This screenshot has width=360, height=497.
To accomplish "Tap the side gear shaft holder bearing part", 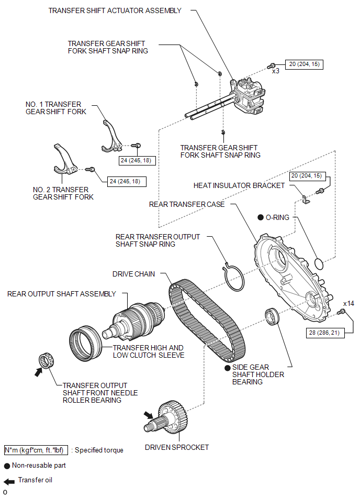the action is [272, 316].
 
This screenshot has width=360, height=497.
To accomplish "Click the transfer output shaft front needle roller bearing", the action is [46, 361].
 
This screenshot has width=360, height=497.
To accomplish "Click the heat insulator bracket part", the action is [306, 200].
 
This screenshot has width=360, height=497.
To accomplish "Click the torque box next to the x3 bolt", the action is [305, 64].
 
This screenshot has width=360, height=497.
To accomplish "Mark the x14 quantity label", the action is [348, 303].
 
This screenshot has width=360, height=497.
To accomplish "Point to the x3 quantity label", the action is [275, 71].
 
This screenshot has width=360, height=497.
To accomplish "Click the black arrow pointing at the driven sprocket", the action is [148, 415].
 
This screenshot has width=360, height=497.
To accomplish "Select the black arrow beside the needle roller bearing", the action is [38, 372].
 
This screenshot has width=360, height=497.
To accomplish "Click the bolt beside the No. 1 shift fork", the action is [136, 146].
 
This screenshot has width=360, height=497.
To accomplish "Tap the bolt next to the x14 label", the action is [341, 312].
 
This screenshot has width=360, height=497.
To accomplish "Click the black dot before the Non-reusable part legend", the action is [7, 466].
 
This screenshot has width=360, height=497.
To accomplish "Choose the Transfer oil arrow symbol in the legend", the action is [9, 482].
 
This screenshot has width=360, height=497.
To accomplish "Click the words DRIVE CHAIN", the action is [133, 274].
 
